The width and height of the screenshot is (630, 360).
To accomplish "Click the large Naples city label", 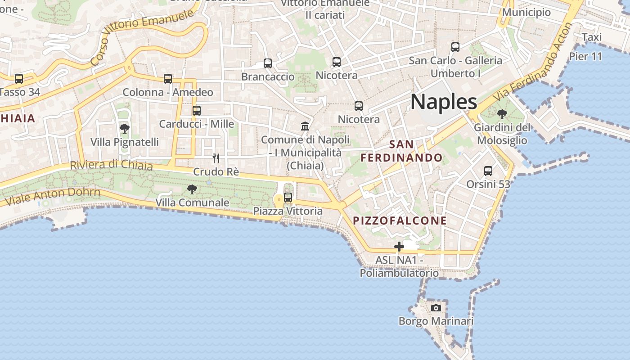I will pos(444,102).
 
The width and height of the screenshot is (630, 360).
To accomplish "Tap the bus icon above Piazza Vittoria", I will pos(288,198).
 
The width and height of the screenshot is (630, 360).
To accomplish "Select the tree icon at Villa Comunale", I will pos(192,189).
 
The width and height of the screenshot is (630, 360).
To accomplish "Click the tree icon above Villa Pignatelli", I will pos(125,129).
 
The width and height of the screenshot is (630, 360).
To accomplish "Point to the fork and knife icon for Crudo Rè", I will pos(216,158).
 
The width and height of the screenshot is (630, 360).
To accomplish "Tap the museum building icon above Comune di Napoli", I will pos(305,126).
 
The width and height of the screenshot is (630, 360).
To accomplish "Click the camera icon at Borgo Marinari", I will pos(436,308).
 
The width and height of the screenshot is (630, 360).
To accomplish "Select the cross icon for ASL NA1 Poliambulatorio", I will pos(399,247).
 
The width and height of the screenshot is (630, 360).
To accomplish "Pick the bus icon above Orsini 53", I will pos(488,171).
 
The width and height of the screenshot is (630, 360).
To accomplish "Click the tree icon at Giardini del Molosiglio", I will pos(502,114).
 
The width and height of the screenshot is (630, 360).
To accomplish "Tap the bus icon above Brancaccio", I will pos(268,63).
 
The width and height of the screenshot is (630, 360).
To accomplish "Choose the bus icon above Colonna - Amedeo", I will pos(168,79).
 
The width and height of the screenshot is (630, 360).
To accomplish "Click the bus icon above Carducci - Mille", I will pos(197,111).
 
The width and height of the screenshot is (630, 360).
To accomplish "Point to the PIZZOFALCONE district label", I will pos(400,221).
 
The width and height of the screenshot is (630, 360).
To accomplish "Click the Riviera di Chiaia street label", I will pos(111,165).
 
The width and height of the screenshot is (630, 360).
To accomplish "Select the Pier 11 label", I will pos(585,57).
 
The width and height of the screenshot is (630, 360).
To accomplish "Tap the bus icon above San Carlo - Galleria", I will pos(455,47).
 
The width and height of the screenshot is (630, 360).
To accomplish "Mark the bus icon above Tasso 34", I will pos(19,79).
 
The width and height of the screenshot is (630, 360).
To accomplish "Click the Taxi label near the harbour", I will pos(592,37).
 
